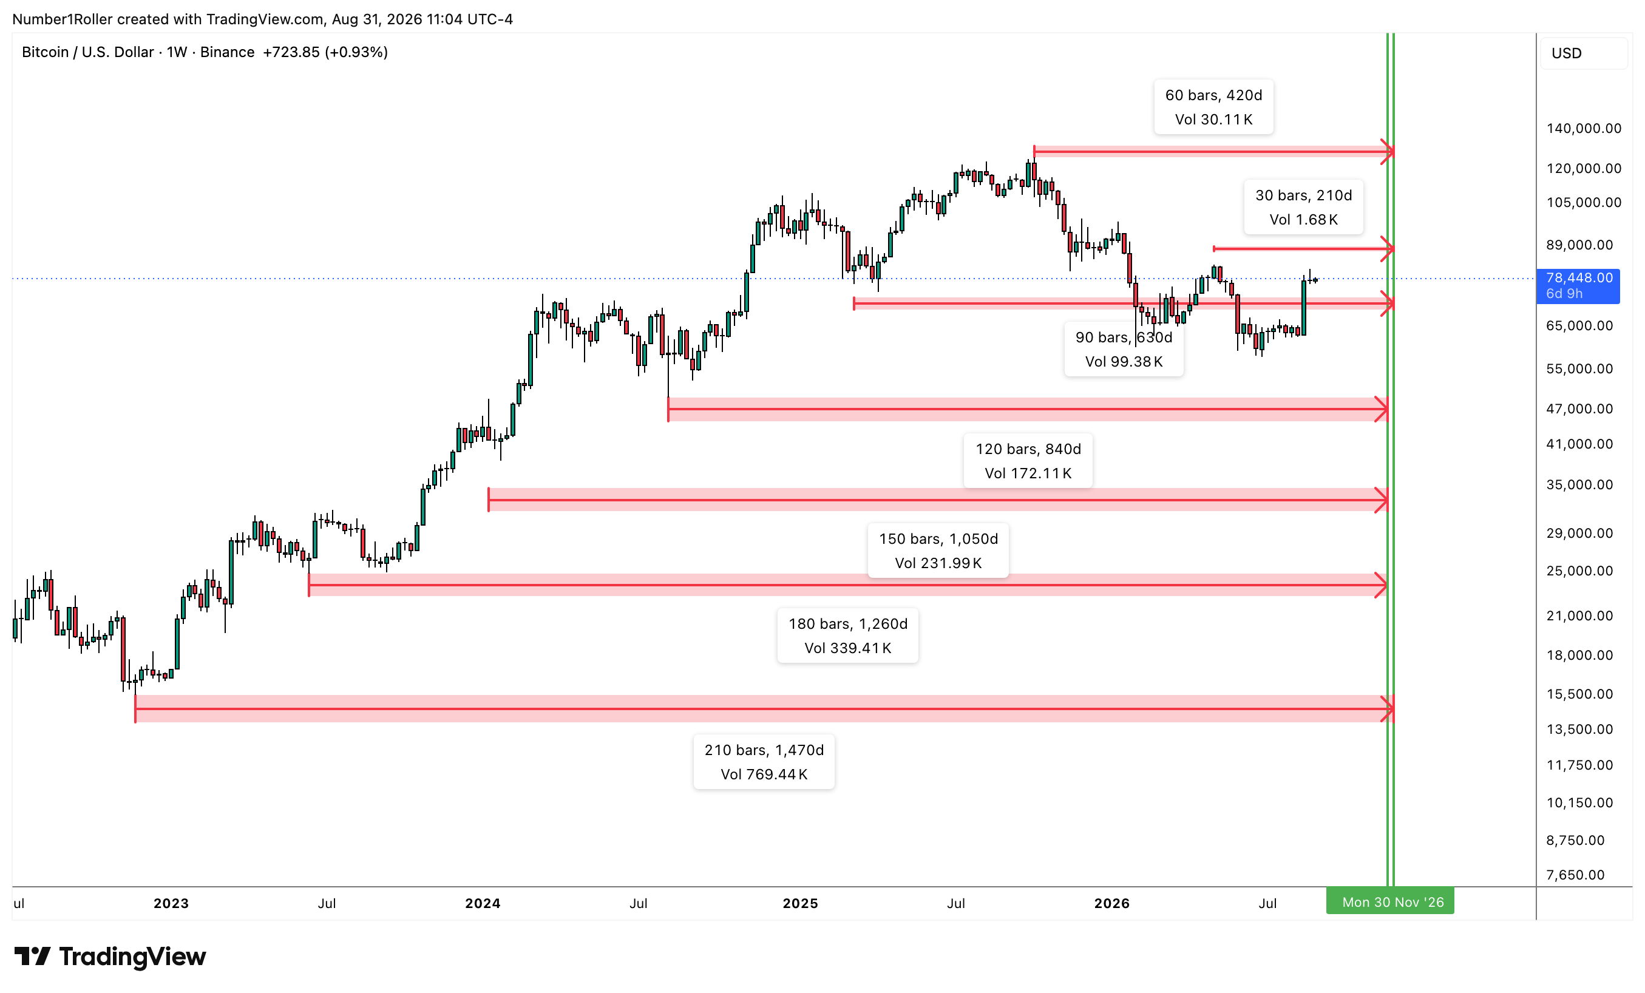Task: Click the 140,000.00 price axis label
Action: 1584,128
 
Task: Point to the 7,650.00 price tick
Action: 1575,875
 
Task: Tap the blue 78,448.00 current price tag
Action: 1578,285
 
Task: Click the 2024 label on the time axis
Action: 483,904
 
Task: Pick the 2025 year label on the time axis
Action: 801,904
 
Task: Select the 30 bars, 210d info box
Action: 1303,207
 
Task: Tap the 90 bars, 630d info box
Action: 1124,349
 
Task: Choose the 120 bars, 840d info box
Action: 1028,461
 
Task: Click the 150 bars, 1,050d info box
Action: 938,551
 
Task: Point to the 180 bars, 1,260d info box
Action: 848,635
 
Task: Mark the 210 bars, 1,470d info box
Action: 764,762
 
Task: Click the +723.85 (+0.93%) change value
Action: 325,52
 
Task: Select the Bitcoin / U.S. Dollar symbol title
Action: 87,52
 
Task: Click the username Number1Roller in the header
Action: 63,19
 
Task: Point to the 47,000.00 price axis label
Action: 1579,408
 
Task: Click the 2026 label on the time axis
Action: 1112,904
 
